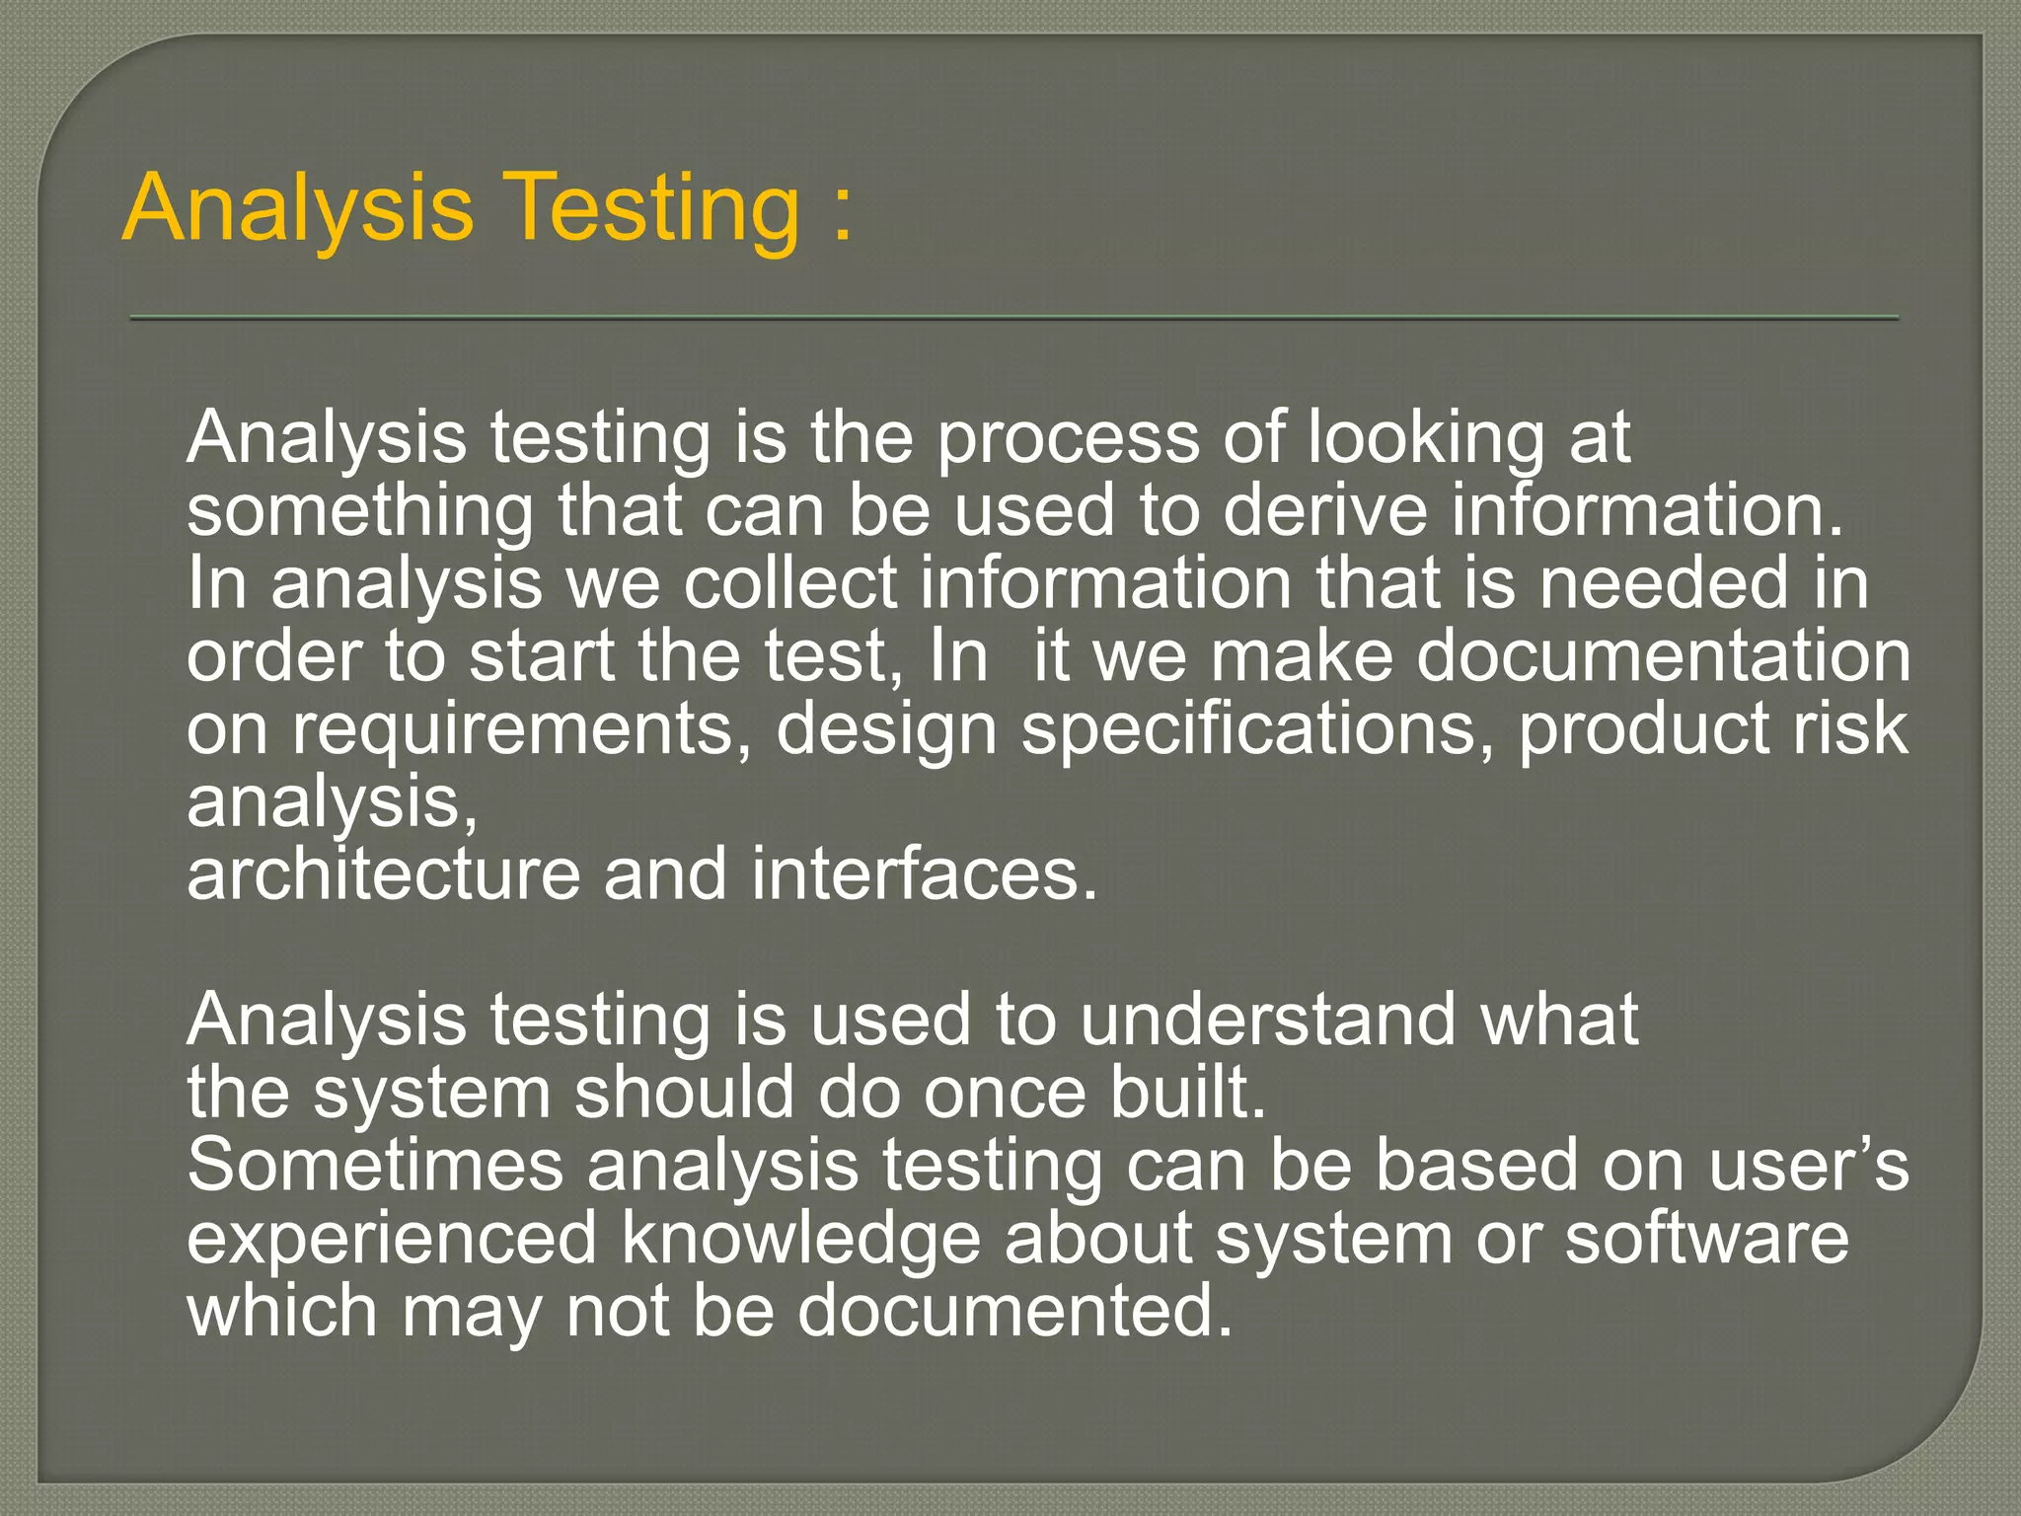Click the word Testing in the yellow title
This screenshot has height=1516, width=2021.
click(x=656, y=208)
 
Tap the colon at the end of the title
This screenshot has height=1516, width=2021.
click(x=842, y=212)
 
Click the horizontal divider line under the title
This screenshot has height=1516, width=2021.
click(x=1013, y=318)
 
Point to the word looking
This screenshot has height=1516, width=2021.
click(x=1426, y=439)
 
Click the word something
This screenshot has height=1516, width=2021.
click(x=360, y=512)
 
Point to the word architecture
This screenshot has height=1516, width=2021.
click(x=384, y=874)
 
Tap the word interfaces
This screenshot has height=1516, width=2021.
click(x=924, y=874)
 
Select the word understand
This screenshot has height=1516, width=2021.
click(x=1267, y=1020)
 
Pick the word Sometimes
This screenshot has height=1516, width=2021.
click(x=375, y=1166)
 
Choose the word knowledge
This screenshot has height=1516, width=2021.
click(x=801, y=1240)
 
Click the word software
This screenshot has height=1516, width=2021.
click(x=1706, y=1239)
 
